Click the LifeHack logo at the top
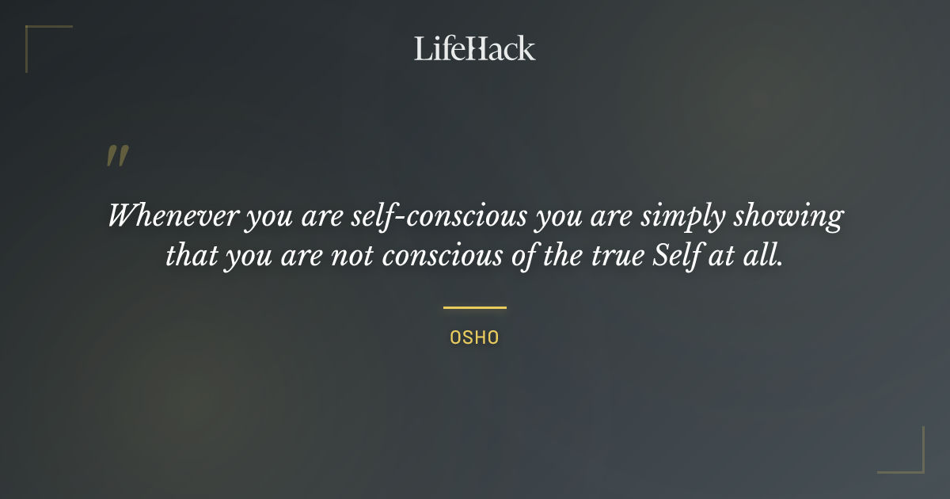point(475,48)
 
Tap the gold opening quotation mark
point(117,156)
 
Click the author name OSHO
point(474,337)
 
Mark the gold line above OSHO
point(474,307)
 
